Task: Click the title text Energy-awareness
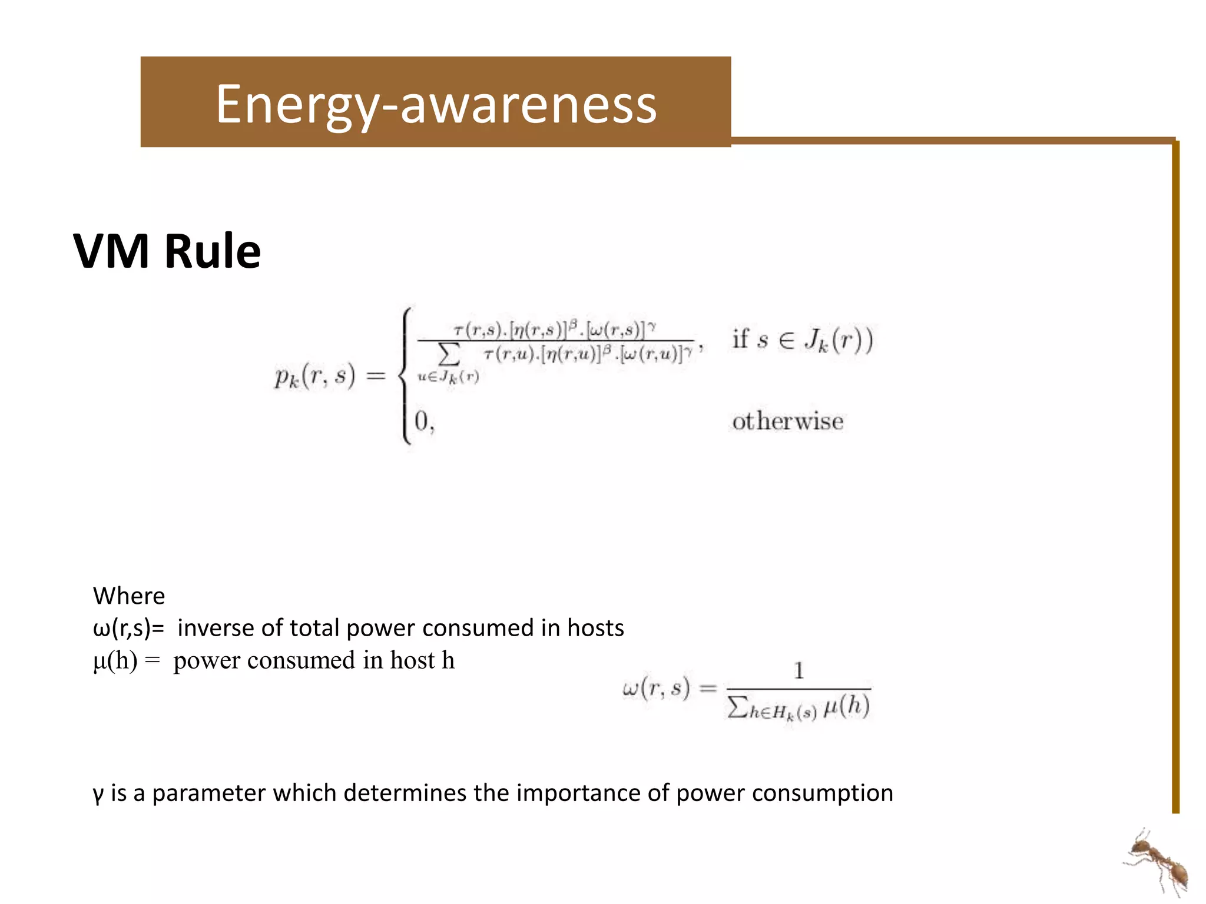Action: (436, 105)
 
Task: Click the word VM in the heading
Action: (111, 251)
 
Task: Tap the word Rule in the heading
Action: (213, 251)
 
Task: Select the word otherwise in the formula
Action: (787, 421)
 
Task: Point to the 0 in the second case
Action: (422, 421)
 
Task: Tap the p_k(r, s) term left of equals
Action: (315, 375)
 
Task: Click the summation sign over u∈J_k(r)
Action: (449, 355)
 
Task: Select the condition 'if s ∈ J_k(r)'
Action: (802, 340)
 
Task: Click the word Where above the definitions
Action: (129, 596)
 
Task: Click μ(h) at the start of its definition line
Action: (115, 660)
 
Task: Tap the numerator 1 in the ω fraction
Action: (799, 671)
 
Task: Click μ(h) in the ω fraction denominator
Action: (847, 706)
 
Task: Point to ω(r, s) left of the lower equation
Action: (655, 687)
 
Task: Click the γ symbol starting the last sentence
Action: (98, 794)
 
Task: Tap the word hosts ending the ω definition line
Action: (595, 628)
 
